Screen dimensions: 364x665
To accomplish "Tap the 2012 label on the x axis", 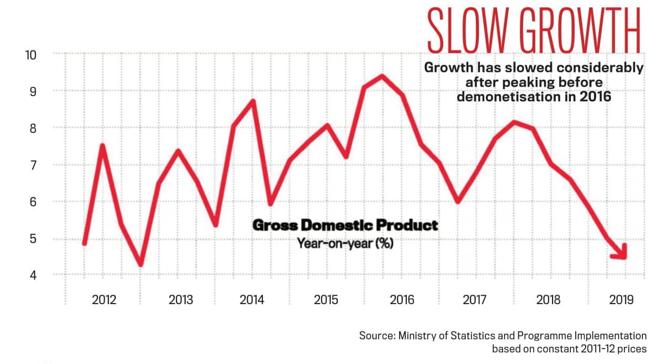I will point(104,300).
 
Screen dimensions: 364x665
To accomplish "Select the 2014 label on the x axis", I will point(252,300).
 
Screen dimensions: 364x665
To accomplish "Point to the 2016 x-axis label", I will point(402,300).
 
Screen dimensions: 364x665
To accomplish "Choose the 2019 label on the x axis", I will point(621,300).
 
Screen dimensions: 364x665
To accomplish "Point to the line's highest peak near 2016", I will point(382,76).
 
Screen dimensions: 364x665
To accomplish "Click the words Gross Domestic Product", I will point(345,225).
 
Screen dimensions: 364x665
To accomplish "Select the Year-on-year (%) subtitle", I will point(345,244).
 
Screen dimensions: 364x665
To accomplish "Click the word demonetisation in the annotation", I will point(507,97).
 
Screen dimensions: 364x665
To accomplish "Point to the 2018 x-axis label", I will point(548,300).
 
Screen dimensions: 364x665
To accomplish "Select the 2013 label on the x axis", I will point(181,300).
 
